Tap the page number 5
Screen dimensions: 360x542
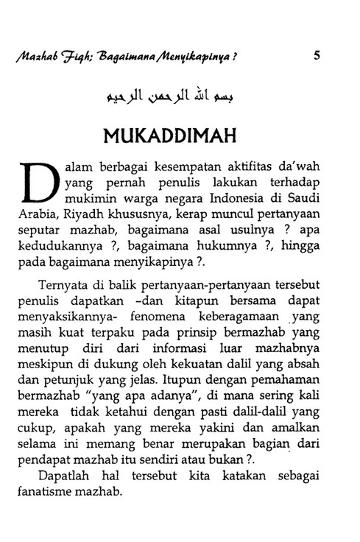pyautogui.click(x=316, y=53)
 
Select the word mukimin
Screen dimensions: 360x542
pyautogui.click(x=88, y=199)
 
